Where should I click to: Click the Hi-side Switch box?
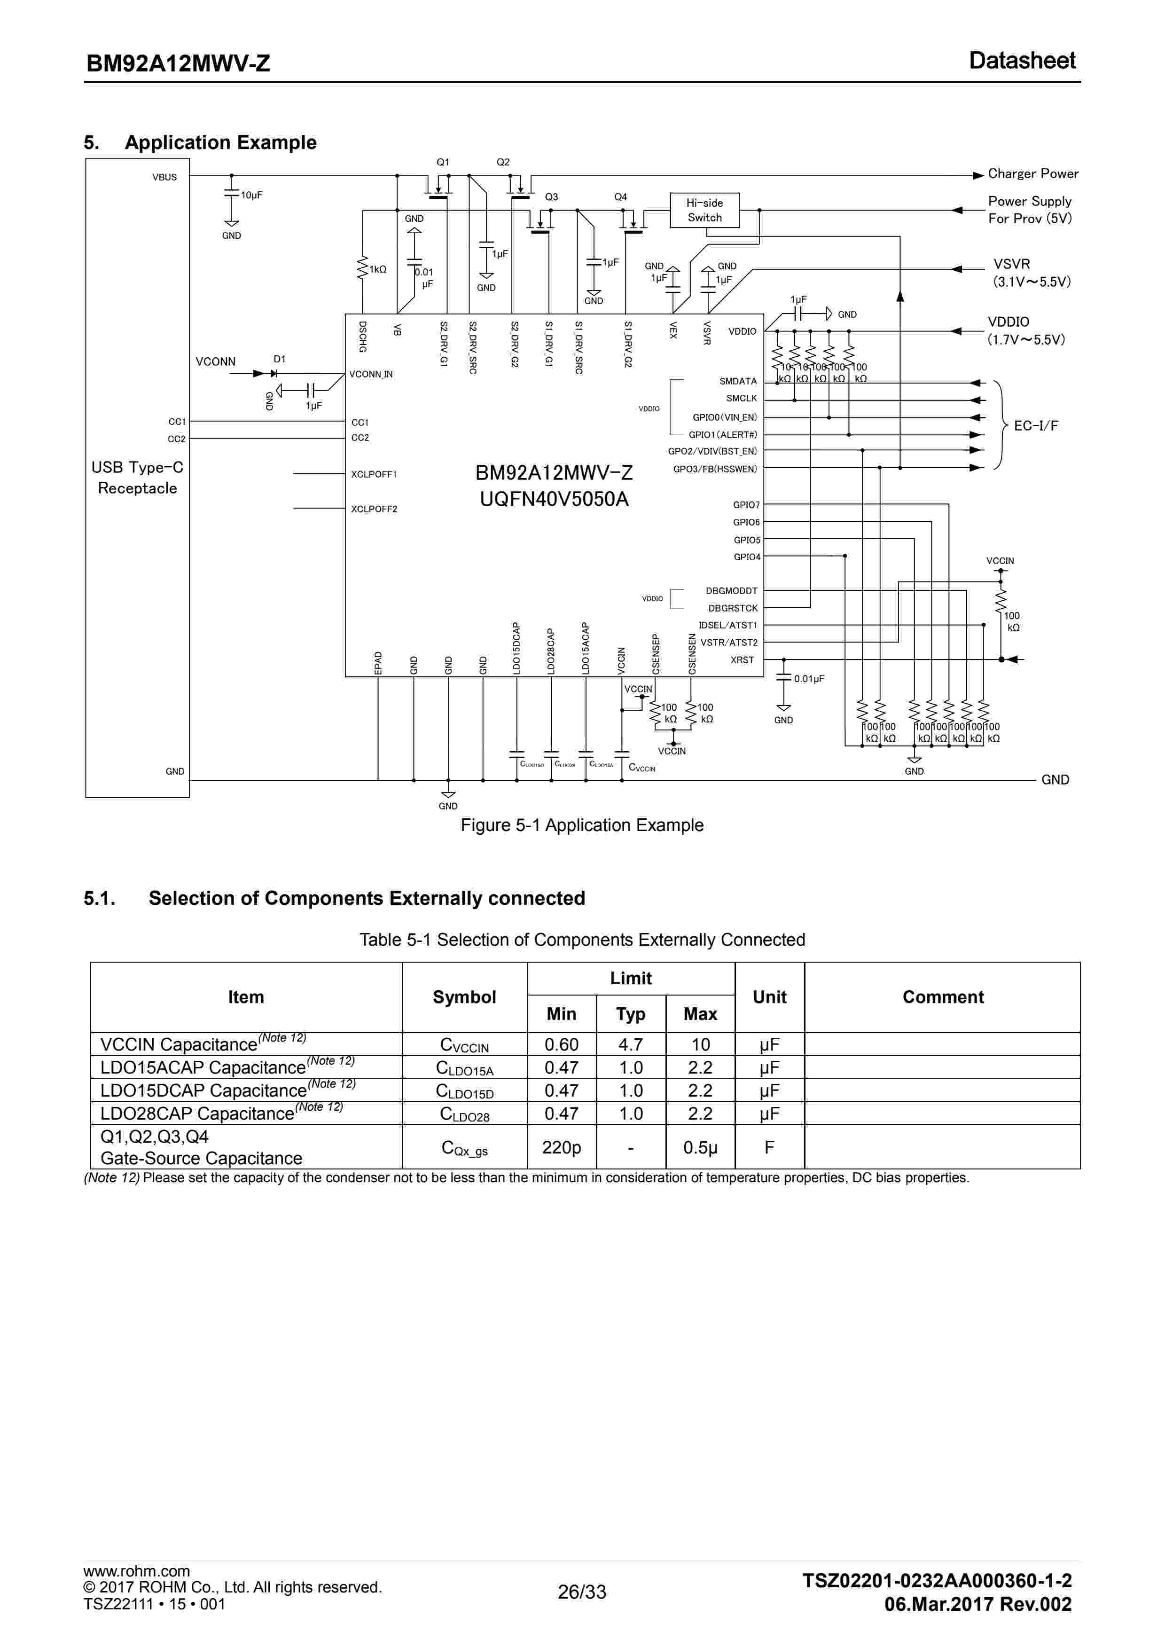tap(704, 210)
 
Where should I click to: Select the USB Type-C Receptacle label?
tap(137, 478)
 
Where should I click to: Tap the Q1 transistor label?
tap(443, 162)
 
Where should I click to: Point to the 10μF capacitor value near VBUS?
tap(251, 195)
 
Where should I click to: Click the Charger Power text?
tap(1032, 173)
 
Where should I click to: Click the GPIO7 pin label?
tap(746, 505)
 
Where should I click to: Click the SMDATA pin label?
tap(738, 382)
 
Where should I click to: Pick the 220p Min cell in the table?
tap(561, 1148)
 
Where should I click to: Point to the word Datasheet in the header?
tap(1022, 61)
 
